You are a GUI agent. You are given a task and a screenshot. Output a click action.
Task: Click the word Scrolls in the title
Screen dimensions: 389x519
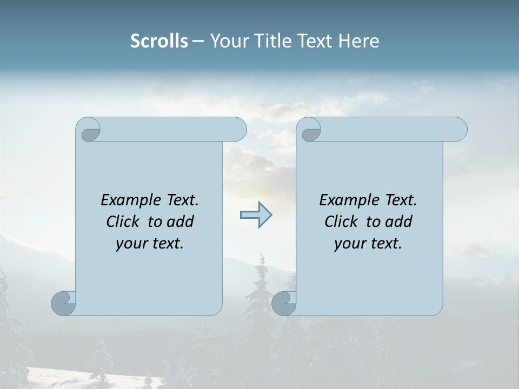click(x=159, y=41)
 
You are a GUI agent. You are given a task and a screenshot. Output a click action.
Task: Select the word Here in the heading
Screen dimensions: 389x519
click(x=358, y=41)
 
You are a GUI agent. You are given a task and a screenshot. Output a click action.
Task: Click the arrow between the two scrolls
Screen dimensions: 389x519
click(x=256, y=215)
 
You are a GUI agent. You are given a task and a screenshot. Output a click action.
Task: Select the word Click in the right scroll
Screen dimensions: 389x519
click(x=341, y=222)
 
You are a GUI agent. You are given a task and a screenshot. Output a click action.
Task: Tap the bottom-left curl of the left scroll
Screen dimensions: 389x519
click(x=64, y=303)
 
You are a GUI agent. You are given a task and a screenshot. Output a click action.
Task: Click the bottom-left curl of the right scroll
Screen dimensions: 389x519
click(x=284, y=303)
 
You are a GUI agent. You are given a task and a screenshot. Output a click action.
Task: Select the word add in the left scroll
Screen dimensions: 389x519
click(x=179, y=222)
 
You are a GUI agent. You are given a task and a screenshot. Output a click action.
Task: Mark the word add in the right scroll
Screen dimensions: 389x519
click(x=398, y=222)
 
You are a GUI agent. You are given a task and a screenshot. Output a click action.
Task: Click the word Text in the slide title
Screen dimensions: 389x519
click(x=314, y=41)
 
